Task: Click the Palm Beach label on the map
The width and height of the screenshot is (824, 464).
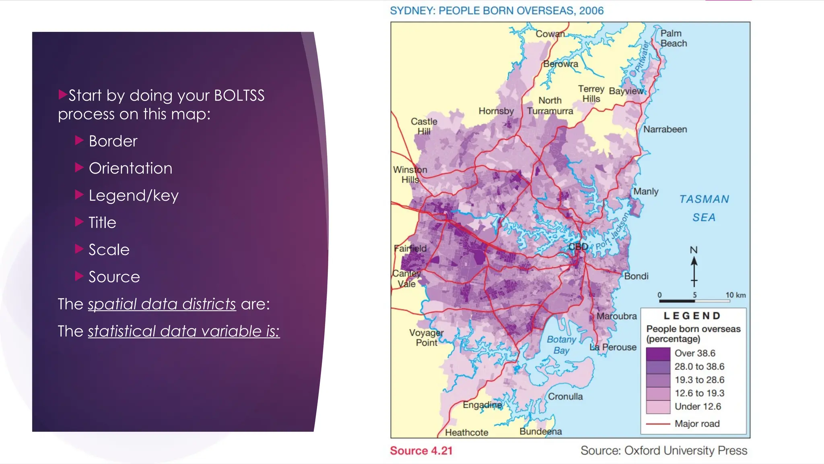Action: (x=674, y=38)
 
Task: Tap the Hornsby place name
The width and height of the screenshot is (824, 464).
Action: (x=496, y=111)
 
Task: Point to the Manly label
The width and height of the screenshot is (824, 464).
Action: (x=646, y=192)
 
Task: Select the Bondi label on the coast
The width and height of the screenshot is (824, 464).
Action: (x=636, y=276)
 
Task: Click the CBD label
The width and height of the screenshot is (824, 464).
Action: (x=578, y=247)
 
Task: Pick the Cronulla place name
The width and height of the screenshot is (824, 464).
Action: (x=565, y=397)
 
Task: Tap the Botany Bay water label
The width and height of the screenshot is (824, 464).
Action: (x=561, y=345)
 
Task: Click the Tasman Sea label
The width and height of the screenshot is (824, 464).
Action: (x=704, y=208)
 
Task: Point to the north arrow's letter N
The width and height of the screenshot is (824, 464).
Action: (x=694, y=250)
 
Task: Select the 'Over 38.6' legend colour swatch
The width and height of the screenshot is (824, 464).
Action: (x=658, y=354)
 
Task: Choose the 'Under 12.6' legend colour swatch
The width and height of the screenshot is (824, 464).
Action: (x=658, y=407)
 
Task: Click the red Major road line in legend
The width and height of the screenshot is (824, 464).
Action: (x=658, y=424)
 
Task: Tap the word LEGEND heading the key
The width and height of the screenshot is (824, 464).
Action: (x=692, y=316)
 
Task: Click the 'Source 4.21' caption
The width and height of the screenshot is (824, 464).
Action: (x=421, y=451)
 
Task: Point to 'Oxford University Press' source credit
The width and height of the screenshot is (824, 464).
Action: (x=685, y=451)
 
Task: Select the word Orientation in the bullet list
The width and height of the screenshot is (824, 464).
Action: (x=130, y=168)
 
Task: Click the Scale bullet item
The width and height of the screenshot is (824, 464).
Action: (x=109, y=250)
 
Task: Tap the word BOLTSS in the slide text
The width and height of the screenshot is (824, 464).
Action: (x=239, y=96)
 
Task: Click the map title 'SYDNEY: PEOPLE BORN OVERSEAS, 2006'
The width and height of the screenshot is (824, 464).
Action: (x=496, y=11)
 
